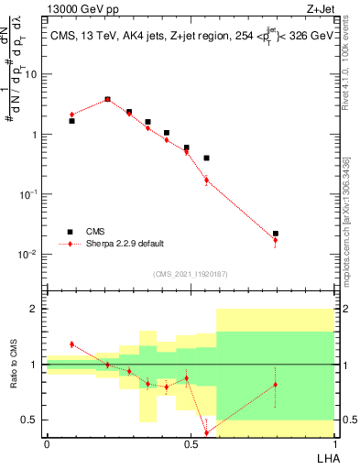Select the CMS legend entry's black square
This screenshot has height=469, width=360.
pyautogui.click(x=71, y=232)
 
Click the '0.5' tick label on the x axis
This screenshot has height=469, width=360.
pyautogui.click(x=190, y=444)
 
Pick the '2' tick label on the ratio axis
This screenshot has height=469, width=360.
pyautogui.click(x=36, y=309)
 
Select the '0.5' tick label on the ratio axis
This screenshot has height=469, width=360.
pyautogui.click(x=32, y=420)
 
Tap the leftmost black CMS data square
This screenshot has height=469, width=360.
pyautogui.click(x=71, y=120)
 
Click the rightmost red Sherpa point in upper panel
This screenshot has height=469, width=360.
pyautogui.click(x=276, y=240)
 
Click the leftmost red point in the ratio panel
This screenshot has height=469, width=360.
pyautogui.click(x=71, y=344)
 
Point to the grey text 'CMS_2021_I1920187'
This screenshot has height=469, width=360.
pyautogui.click(x=190, y=274)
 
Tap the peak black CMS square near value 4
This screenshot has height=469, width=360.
pyautogui.click(x=107, y=99)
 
